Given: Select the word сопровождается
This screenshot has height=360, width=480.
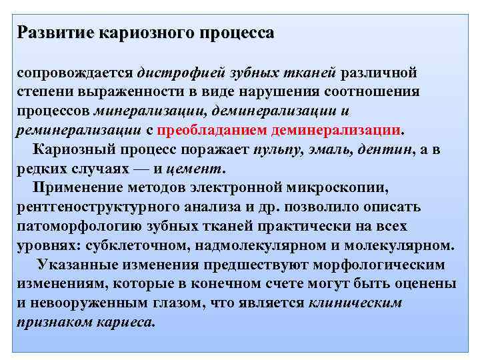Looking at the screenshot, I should (x=75, y=71).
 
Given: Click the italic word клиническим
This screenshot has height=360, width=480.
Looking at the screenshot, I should (x=355, y=303).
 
